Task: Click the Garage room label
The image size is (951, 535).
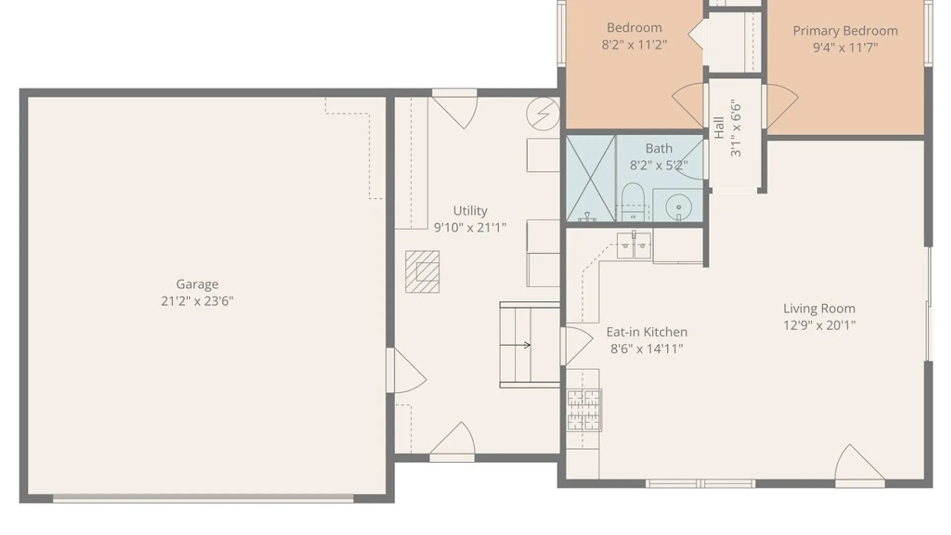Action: (x=197, y=284)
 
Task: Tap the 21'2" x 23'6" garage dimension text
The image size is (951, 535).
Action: (x=197, y=301)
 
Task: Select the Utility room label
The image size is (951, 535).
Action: (x=470, y=211)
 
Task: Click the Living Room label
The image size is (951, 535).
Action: (x=819, y=309)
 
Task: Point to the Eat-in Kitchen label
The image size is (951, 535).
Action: (x=647, y=332)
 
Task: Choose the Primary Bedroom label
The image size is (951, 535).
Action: (x=845, y=31)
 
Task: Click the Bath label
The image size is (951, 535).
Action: (x=659, y=149)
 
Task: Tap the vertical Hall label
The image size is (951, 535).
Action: (x=719, y=128)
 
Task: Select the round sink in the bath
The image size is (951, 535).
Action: (x=679, y=207)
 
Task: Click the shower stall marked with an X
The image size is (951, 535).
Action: (x=591, y=178)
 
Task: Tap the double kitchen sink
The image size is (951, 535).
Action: (x=634, y=245)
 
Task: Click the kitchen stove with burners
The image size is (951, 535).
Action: (x=584, y=410)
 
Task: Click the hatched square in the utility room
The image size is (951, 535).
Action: (x=422, y=271)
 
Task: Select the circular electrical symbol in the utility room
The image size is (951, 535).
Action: (x=543, y=113)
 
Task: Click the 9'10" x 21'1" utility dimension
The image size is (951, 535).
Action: (x=470, y=228)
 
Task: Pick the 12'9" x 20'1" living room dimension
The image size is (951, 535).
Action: (x=819, y=325)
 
